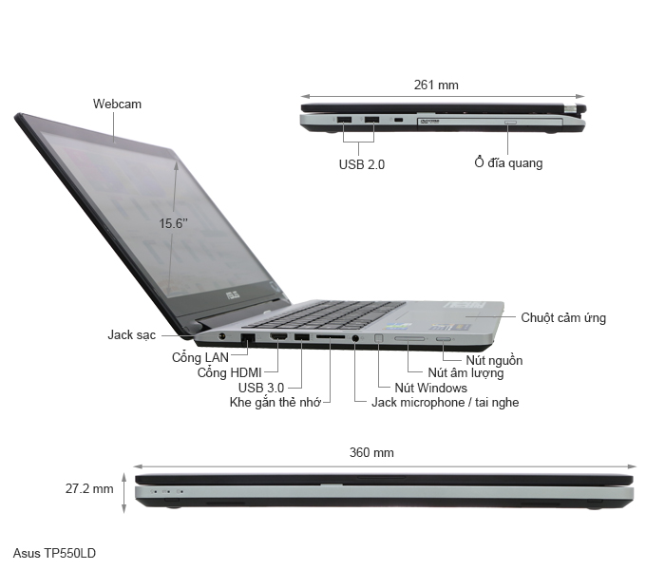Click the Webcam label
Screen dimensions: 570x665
click(x=118, y=104)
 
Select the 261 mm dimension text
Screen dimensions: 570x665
click(x=436, y=85)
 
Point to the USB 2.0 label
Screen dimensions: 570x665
click(x=362, y=163)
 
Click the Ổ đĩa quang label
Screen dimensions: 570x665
click(x=508, y=162)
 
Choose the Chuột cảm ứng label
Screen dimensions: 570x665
click(x=563, y=317)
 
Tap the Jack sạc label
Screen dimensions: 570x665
click(x=132, y=334)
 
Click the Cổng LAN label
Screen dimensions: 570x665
click(x=199, y=357)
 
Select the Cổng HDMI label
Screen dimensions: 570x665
click(x=230, y=372)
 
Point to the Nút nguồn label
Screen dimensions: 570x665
click(x=494, y=360)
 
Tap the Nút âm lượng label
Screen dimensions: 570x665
click(x=465, y=373)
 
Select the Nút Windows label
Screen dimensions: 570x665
click(x=430, y=388)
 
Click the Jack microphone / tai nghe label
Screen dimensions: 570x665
click(x=445, y=402)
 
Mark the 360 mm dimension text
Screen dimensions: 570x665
click(x=371, y=452)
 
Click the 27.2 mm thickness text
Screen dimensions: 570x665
click(x=89, y=488)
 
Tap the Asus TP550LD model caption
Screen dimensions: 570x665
click(x=55, y=552)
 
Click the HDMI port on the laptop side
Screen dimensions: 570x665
click(x=279, y=338)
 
